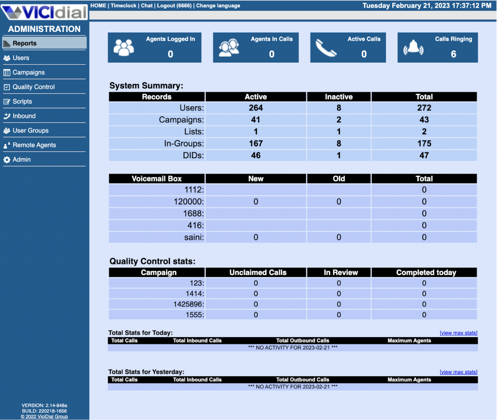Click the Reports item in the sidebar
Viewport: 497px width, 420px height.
coord(25,43)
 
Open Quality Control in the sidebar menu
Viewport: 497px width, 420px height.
coord(33,87)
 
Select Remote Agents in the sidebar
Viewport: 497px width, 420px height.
coord(34,145)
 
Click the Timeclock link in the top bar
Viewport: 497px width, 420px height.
coord(124,6)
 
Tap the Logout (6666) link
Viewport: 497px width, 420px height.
coord(174,6)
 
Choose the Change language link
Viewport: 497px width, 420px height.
coord(218,6)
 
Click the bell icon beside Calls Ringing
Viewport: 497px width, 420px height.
coord(413,48)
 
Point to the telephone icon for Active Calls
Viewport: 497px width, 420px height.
coord(326,48)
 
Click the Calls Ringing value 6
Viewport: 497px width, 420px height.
coord(453,54)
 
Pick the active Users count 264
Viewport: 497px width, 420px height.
coord(256,108)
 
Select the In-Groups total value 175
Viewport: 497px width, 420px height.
coord(424,144)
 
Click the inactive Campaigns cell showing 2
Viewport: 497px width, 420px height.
coord(339,120)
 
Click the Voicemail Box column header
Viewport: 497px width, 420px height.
coord(157,178)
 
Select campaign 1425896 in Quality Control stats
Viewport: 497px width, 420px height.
coord(187,304)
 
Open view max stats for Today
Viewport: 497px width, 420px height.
coord(458,333)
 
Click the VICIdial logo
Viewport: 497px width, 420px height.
coord(44,11)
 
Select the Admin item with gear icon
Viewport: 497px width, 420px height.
coord(21,160)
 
